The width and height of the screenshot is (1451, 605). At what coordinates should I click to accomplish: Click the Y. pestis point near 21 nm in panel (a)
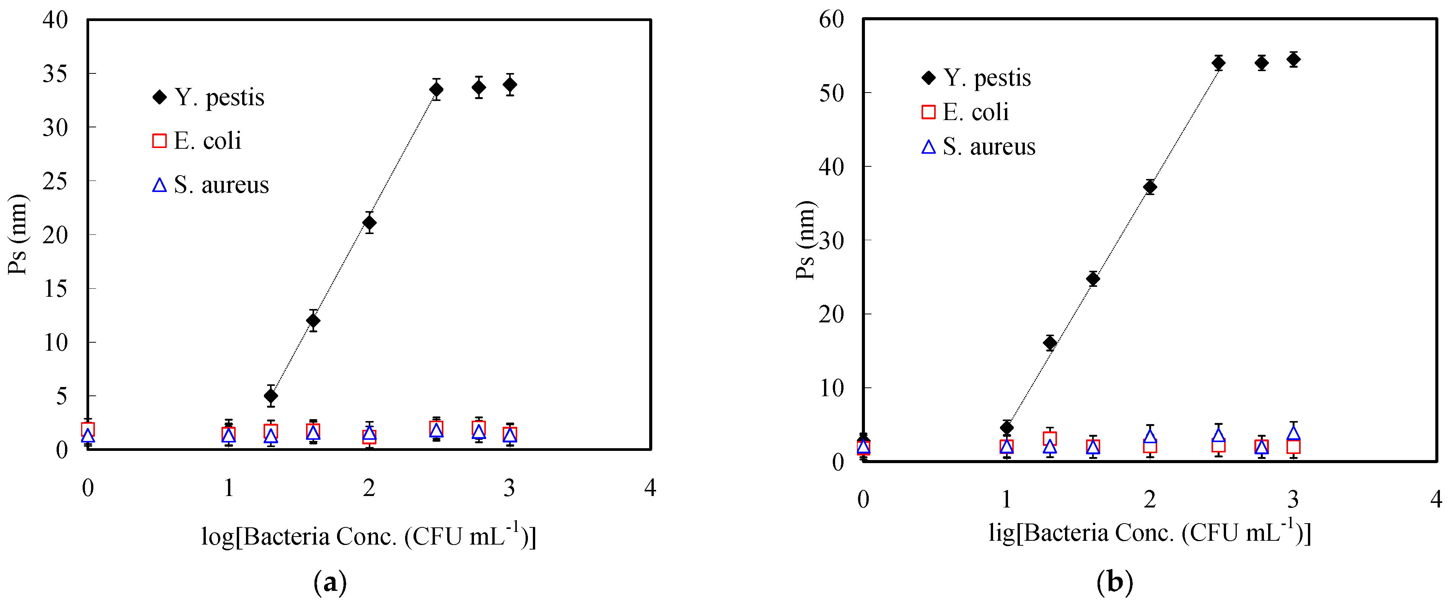[x=369, y=223]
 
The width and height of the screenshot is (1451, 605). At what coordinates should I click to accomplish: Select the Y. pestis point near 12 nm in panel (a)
[x=313, y=320]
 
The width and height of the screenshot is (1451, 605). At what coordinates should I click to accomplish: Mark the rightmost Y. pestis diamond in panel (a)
[x=510, y=85]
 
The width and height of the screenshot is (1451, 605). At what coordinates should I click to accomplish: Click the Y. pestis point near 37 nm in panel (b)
[x=1150, y=187]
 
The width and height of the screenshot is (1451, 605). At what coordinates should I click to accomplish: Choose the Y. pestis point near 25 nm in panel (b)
[x=1093, y=278]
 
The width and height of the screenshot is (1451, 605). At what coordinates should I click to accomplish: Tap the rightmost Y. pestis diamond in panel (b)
[x=1294, y=59]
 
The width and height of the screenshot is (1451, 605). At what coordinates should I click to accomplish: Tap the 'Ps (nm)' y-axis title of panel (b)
[x=804, y=240]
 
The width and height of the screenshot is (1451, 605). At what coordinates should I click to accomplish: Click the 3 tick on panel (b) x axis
[x=1293, y=499]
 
